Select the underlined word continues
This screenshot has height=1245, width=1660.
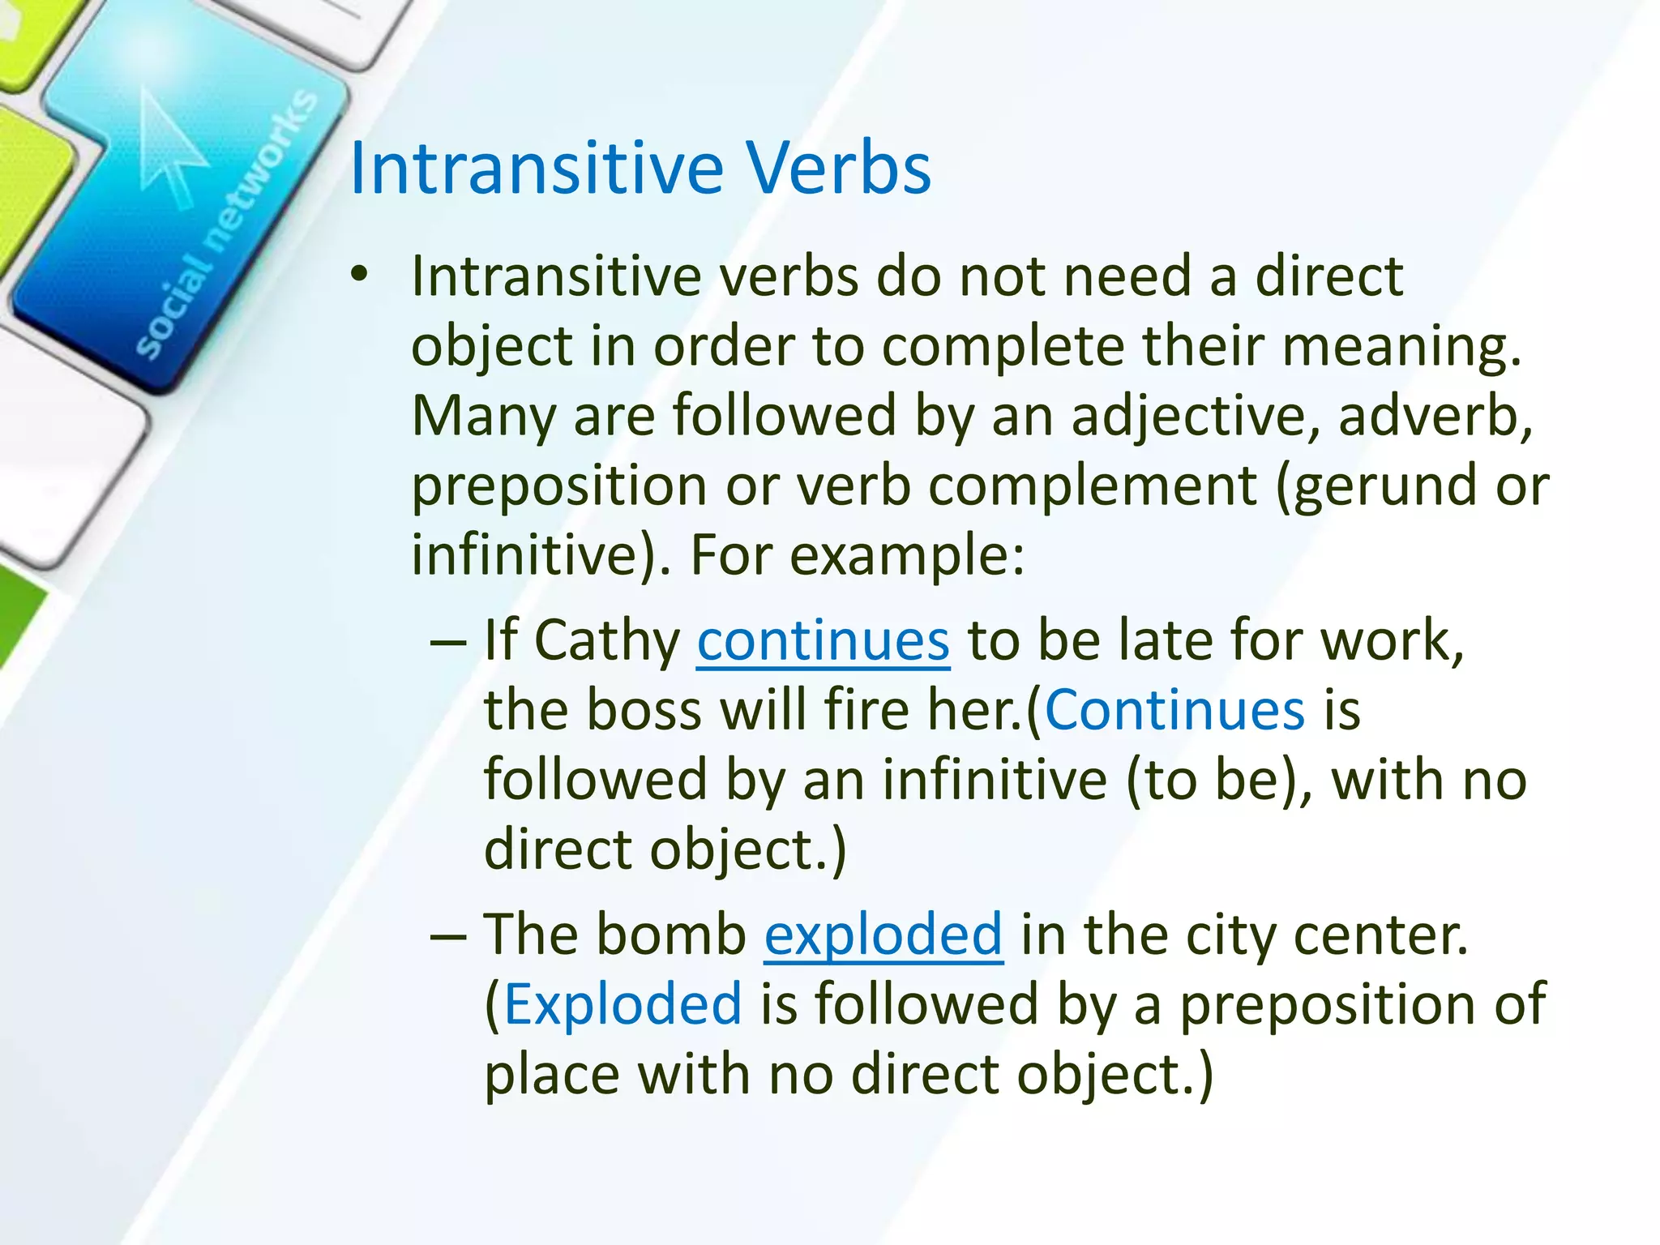[x=823, y=640]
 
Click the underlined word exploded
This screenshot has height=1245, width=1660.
[x=883, y=935]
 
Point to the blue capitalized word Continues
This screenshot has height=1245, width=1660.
[x=1174, y=710]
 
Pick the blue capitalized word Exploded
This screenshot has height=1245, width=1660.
[x=622, y=1004]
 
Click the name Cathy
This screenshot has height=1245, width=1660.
[x=607, y=640]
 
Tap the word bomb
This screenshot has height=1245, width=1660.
[x=670, y=935]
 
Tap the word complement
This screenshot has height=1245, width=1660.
[x=1093, y=486]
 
